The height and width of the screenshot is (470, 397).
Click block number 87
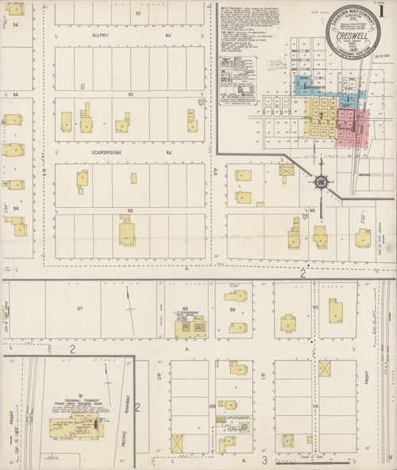tap(79, 307)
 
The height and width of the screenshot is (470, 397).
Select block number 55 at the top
tap(138, 14)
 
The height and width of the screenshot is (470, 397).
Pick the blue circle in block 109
tap(245, 427)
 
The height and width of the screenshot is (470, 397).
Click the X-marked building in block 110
tap(325, 369)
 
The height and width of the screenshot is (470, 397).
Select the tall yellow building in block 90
tap(337, 311)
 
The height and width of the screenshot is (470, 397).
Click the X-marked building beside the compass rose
tap(286, 169)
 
